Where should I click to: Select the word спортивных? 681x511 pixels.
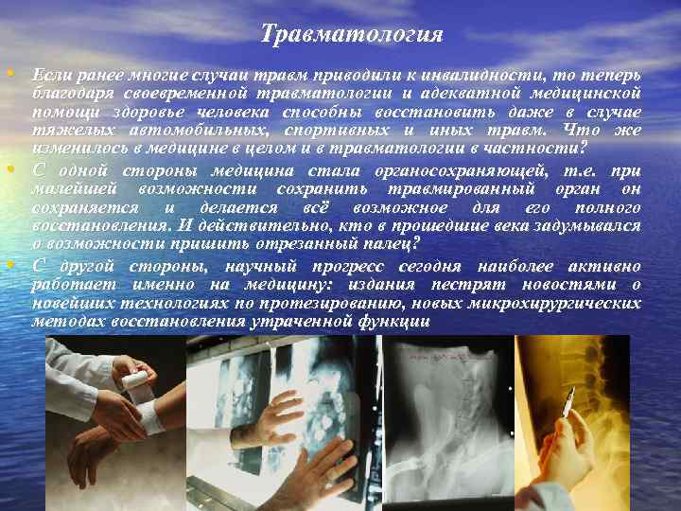(338, 131)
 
